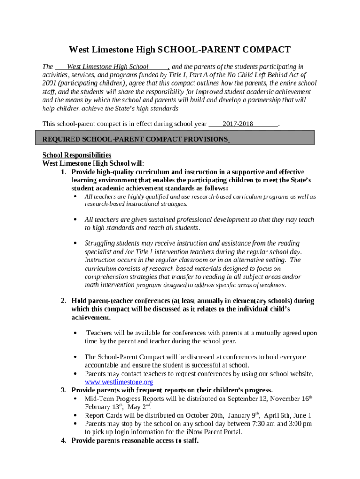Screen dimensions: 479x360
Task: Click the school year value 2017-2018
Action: point(238,124)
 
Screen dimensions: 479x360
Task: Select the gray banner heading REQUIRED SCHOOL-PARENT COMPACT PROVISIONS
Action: point(135,139)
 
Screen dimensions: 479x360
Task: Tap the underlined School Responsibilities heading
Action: point(77,155)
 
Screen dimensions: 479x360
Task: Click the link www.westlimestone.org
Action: point(119,382)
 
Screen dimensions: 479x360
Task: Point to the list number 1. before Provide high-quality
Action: point(63,172)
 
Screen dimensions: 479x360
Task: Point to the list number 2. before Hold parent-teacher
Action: point(63,300)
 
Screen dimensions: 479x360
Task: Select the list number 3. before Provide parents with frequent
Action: point(63,390)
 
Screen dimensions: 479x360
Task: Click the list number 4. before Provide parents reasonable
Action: point(63,440)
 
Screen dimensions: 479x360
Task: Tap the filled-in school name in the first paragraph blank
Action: point(108,66)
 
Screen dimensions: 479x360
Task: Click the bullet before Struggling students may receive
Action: point(76,243)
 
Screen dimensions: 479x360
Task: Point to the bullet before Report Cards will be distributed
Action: point(76,415)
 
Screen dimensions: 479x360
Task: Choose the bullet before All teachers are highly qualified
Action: point(76,196)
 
